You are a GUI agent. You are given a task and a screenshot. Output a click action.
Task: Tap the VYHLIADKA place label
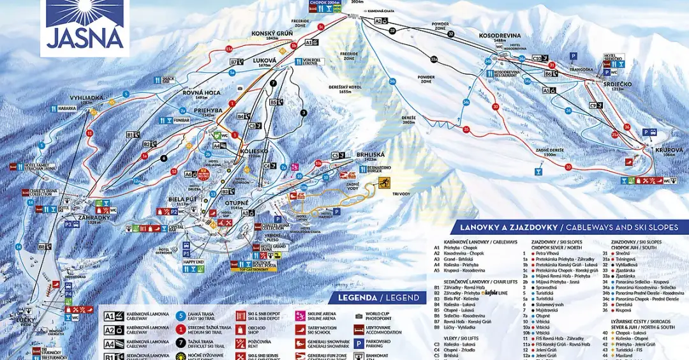point(86,98)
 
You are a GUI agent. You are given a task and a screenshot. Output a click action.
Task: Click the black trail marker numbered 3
point(304,113)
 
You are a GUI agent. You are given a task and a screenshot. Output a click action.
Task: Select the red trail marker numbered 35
point(467,130)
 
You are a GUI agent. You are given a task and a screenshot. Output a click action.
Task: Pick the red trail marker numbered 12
point(174,171)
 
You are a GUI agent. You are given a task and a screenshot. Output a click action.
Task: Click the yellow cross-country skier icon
point(384,183)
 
